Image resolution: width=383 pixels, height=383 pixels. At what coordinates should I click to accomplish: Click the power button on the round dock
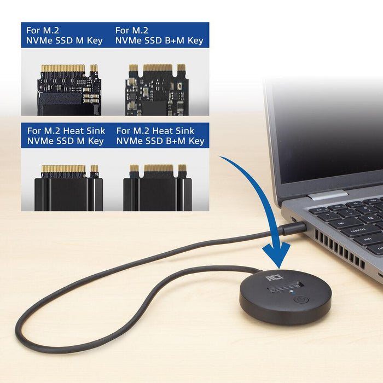pos(299,299)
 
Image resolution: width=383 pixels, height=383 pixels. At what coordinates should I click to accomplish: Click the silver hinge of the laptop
pos(327,195)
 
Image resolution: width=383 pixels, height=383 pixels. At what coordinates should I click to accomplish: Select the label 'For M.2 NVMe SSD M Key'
pos(65,35)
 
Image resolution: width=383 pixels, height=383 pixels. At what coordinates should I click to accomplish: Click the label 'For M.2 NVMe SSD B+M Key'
pos(159,35)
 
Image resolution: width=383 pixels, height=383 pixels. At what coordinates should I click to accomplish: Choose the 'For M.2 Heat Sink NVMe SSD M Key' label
pos(65,136)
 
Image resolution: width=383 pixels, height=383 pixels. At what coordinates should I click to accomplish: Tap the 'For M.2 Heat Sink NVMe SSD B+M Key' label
pos(160,136)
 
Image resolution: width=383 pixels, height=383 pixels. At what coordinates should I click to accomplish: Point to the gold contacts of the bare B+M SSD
pos(158,68)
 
